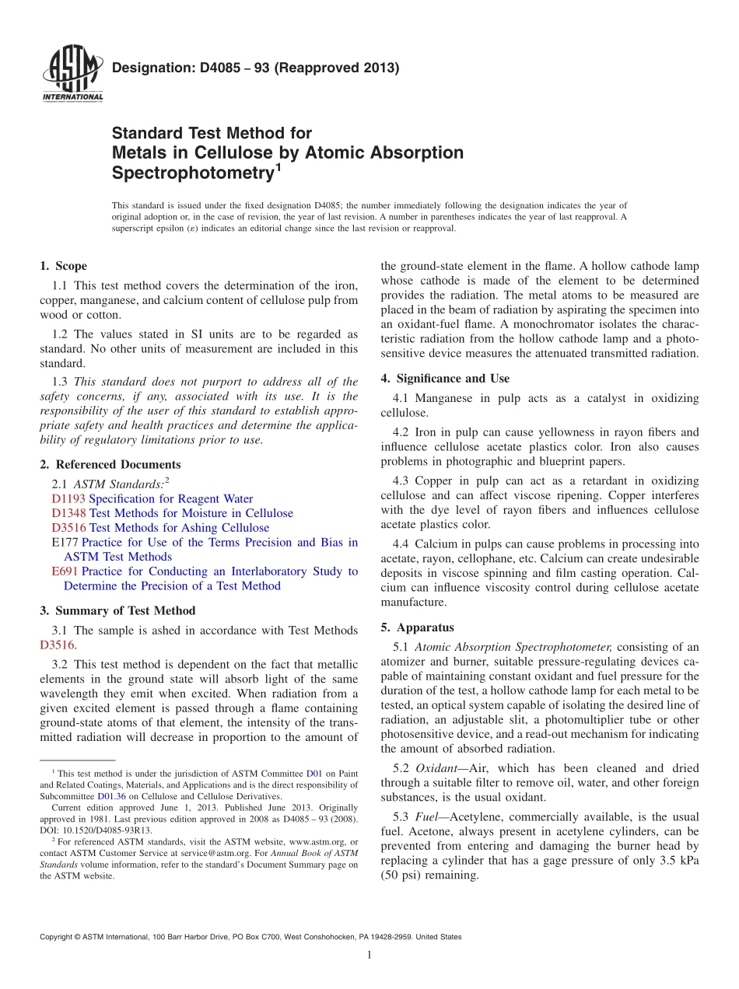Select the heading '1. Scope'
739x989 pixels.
[x=63, y=266]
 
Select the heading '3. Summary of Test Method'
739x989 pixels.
[x=117, y=611]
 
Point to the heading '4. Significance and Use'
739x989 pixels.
[x=445, y=379]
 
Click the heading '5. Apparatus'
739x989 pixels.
[x=417, y=627]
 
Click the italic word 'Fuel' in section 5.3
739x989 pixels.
[x=427, y=817]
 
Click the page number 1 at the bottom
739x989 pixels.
[x=369, y=956]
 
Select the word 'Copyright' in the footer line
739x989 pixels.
[x=58, y=938]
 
